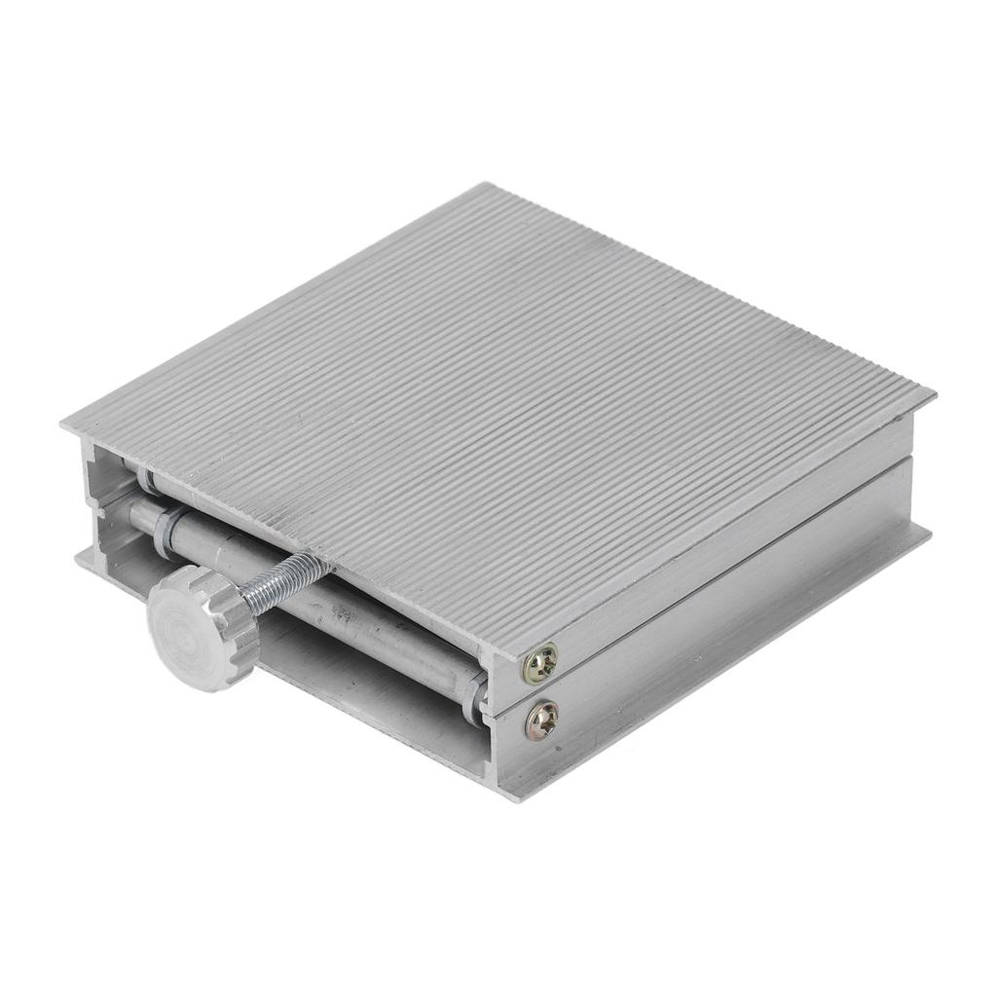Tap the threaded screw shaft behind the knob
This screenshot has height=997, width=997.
coord(282,584)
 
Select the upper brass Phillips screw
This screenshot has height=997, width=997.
coord(540,664)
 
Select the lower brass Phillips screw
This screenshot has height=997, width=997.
coord(541,720)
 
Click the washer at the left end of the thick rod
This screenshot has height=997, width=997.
coord(173,520)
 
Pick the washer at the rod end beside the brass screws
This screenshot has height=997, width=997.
coord(476,693)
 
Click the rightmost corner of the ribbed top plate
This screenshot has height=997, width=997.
coord(933,394)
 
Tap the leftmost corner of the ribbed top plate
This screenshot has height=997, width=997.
coord(62,425)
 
